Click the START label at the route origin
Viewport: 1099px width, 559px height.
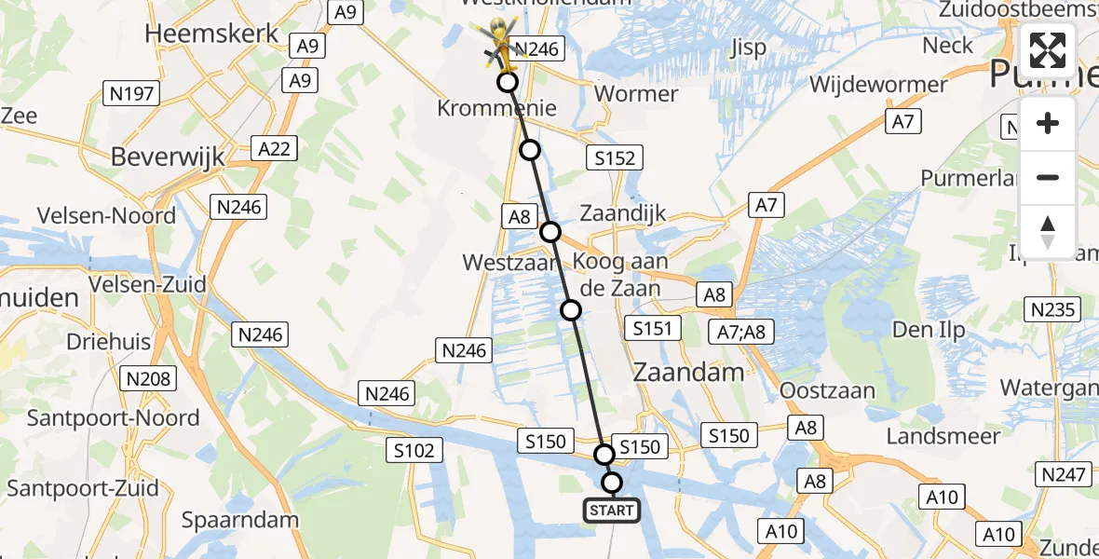point(611,510)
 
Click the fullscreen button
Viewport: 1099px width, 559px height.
point(1048,50)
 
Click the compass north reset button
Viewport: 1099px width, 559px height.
point(1048,232)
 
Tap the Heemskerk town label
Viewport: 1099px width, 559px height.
point(211,34)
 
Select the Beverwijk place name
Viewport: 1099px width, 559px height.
point(168,157)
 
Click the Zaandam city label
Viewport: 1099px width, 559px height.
point(688,373)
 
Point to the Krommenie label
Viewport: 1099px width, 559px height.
point(496,108)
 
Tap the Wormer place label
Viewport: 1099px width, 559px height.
point(636,93)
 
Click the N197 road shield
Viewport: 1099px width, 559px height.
point(131,93)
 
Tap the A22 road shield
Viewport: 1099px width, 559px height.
point(272,147)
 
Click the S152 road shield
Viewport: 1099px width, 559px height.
point(615,157)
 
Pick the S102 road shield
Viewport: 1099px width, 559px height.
point(410,451)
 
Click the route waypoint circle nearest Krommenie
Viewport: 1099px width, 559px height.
point(508,82)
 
